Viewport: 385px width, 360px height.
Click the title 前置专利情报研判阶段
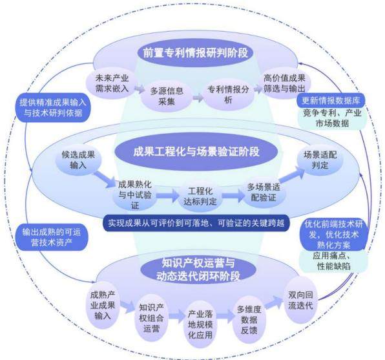pos(195,53)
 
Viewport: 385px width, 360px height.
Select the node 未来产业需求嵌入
pos(112,83)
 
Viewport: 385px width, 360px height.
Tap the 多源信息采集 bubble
pos(167,96)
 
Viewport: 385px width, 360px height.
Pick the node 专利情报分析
pos(228,94)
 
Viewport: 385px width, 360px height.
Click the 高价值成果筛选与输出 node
pos(284,83)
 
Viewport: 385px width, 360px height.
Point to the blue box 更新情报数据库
pos(331,100)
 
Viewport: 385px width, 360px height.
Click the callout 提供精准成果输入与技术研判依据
pos(53,108)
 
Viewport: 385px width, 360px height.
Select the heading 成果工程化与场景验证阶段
pos(196,151)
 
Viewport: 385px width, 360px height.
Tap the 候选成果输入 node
pos(78,160)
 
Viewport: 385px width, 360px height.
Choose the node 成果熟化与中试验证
pos(135,195)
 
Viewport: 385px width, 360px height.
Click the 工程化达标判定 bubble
pos(200,196)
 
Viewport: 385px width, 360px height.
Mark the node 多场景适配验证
pos(264,193)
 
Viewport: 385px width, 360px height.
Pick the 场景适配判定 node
pos(320,160)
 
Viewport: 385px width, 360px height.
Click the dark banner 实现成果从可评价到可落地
pos(196,223)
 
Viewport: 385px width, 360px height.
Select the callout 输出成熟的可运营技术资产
pos(51,237)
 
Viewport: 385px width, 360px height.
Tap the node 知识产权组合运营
pos(151,318)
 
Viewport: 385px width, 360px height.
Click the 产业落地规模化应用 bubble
pos(200,324)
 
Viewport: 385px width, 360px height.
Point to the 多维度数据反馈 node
pos(249,320)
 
